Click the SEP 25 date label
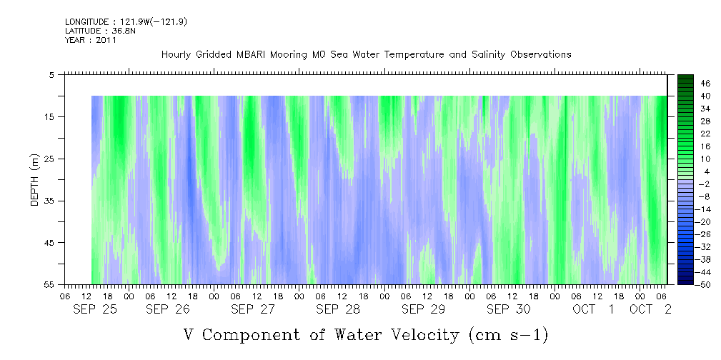95,309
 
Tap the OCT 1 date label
594,309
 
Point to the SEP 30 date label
509,309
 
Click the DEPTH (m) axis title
35,180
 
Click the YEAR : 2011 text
91,40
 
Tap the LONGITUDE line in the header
126,21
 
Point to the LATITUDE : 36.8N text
100,31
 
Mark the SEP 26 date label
168,309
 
